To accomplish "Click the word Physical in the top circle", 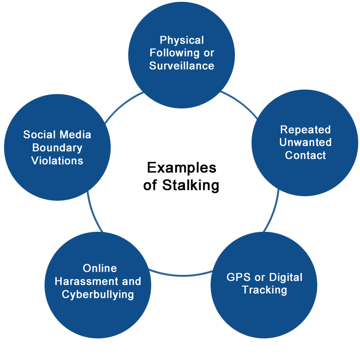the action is coord(182,40).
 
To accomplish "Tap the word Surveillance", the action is coord(182,66).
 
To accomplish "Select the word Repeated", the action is coord(305,130).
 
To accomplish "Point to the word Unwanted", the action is coord(305,142).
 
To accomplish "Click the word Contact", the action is coord(305,155).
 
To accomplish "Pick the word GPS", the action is coord(238,277).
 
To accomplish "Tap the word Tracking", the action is coord(264,290).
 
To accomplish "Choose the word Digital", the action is coord(286,278).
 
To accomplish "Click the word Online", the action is coord(99,268).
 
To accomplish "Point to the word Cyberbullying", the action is coord(98,295).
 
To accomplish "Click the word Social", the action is coord(39,135).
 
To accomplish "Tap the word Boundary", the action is coord(57,148).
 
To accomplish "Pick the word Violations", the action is coord(57,161).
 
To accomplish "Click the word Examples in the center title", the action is coord(182,168).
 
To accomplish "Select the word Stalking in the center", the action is coord(190,185).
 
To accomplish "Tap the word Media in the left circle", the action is coord(75,135).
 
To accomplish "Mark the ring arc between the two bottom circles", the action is coord(181,274).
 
